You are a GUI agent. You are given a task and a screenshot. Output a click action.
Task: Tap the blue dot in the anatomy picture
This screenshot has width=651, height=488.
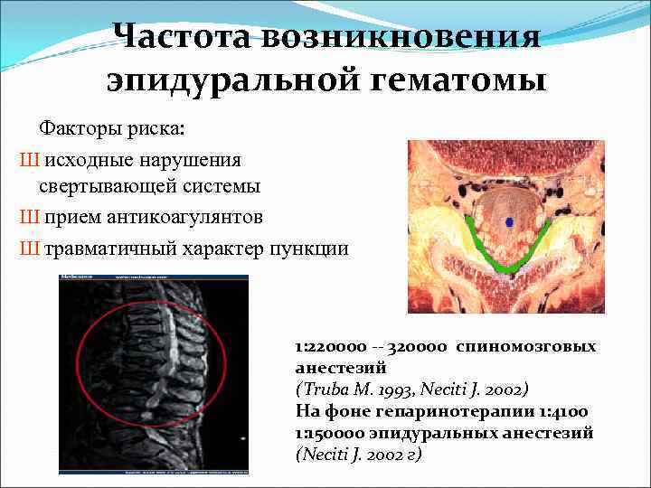(508, 221)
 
